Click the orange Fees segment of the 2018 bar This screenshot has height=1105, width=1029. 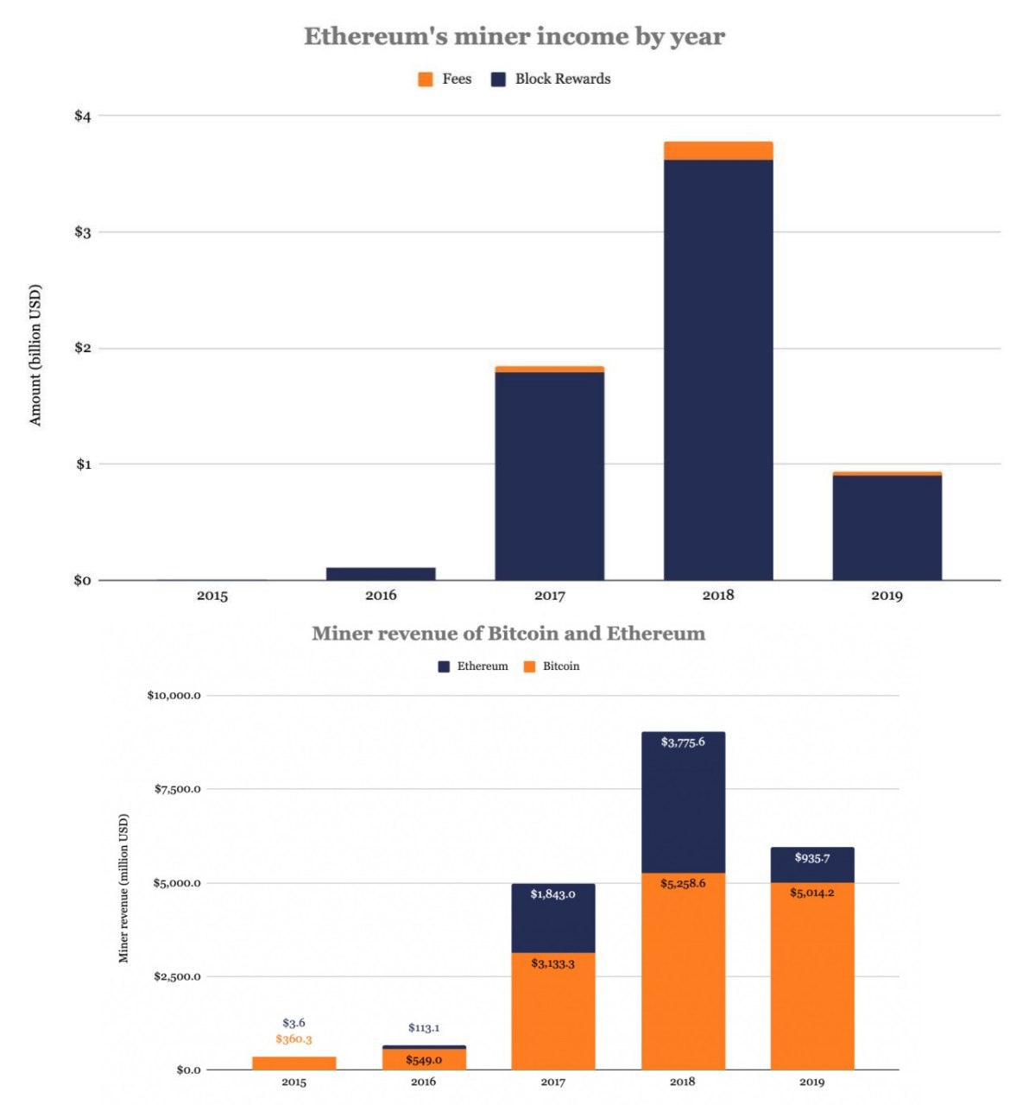(717, 151)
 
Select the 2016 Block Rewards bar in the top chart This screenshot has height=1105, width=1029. (381, 573)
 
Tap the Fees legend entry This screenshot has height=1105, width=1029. (445, 79)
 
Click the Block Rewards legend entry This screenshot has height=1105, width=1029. (552, 79)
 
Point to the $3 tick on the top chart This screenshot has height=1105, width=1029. (83, 232)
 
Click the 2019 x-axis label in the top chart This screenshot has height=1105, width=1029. (887, 596)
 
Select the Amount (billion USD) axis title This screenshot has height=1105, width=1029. (35, 355)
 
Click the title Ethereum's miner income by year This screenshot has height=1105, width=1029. (514, 36)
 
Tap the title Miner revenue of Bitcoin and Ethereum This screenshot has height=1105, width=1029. (508, 634)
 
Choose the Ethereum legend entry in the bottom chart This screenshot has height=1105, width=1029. (473, 666)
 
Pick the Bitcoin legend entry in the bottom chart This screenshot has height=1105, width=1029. (552, 666)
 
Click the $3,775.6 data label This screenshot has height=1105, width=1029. (683, 742)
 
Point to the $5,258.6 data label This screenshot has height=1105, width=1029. (683, 884)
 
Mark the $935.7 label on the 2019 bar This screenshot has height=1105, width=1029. (812, 858)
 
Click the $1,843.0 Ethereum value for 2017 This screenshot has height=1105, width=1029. (552, 894)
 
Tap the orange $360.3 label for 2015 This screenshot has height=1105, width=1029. (294, 1039)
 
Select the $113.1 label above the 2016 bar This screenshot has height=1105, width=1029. (424, 1028)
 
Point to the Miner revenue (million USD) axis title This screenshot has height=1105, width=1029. (123, 888)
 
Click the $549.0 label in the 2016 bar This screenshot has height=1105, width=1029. (424, 1060)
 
